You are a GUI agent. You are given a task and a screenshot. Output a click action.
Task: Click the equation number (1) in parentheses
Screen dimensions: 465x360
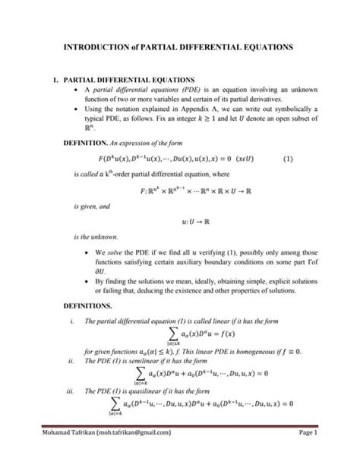[x=288, y=160]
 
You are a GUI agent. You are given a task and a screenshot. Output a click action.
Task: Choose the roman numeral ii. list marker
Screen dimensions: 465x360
[x=70, y=361]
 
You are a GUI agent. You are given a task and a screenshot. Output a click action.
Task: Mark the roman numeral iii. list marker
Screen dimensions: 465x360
[x=70, y=391]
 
